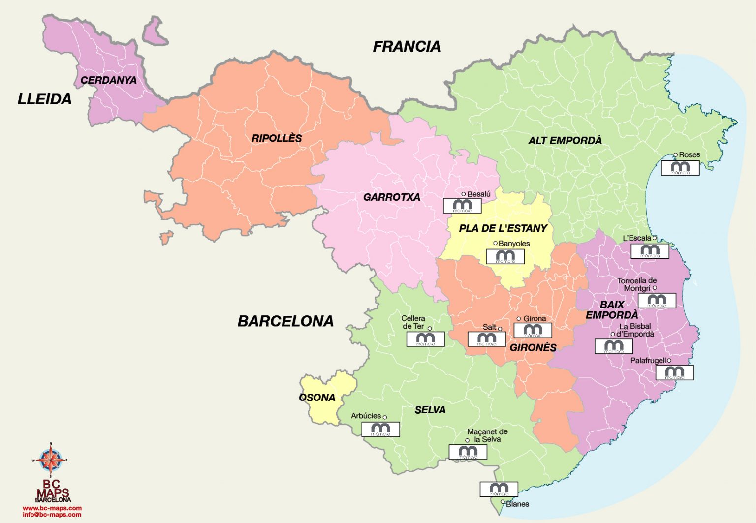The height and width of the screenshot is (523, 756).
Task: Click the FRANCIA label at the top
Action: [x=407, y=46]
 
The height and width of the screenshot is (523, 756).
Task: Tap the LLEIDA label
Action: [x=45, y=99]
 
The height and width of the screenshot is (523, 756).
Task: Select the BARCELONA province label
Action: [x=285, y=321]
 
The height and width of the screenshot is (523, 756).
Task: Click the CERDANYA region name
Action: [x=108, y=80]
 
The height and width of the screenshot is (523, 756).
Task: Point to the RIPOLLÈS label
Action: [x=277, y=138]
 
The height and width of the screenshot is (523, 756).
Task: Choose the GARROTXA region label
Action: [x=392, y=197]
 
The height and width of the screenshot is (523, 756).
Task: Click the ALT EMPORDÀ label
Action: [x=565, y=140]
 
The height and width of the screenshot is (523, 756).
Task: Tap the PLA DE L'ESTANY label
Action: [x=503, y=228]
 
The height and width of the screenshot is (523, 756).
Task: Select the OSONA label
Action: [x=317, y=397]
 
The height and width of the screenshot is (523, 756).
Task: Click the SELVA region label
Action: [x=430, y=410]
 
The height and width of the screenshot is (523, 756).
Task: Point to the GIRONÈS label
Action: [x=533, y=347]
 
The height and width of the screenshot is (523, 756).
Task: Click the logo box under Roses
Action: [x=680, y=168]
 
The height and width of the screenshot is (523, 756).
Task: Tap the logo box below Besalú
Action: [x=462, y=206]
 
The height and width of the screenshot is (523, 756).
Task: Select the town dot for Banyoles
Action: [x=495, y=243]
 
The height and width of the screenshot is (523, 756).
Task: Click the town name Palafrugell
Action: [x=648, y=361]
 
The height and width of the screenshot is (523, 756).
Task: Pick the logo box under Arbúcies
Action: [x=380, y=430]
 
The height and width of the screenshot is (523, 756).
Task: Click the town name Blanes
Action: [x=517, y=504]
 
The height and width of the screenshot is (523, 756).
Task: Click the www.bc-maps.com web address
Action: [x=52, y=508]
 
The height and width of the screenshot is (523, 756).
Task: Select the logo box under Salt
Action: [x=487, y=339]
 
